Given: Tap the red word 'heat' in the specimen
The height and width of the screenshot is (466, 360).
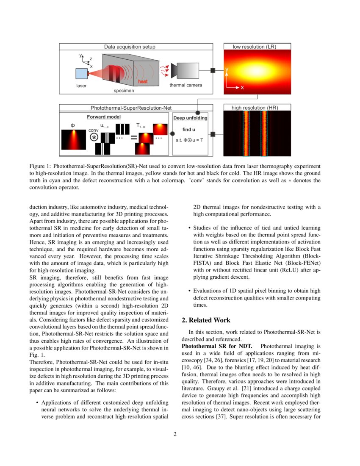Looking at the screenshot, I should point(143,81).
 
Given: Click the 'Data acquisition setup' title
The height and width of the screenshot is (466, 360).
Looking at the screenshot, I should point(130,47).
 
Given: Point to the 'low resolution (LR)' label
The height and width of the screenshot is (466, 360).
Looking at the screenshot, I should point(255,47).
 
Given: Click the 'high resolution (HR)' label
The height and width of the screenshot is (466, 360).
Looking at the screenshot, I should point(255,108).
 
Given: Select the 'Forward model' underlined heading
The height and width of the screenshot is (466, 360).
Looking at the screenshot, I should point(104,117).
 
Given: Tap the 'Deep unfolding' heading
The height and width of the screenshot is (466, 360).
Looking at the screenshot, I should point(191,118).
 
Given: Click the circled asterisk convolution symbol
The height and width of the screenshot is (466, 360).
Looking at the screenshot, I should point(94,137).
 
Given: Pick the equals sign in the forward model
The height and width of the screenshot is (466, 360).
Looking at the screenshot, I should point(134,138).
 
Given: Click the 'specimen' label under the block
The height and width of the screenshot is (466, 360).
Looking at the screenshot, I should point(124,91).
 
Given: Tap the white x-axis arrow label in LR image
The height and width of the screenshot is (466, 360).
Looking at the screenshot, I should point(242,87).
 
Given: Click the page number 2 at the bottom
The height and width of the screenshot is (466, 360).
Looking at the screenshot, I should point(174,434).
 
